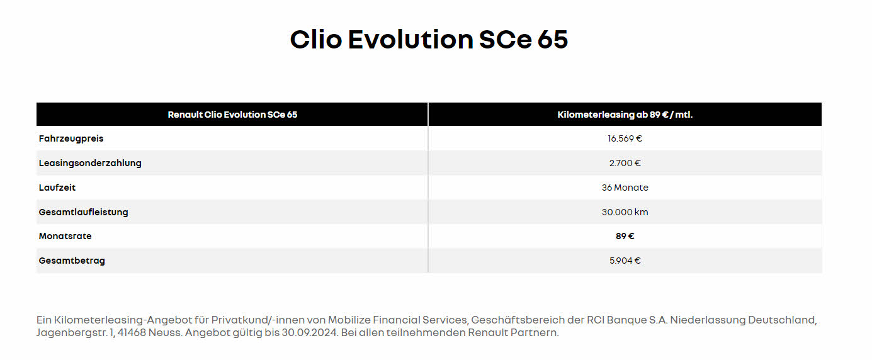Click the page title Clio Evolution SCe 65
(429, 40)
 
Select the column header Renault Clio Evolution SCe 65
(232, 115)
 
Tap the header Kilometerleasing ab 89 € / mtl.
(625, 115)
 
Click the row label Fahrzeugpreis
(71, 139)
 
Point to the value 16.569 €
(625, 138)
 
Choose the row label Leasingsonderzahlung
(90, 163)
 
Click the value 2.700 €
(625, 163)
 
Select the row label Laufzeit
(57, 188)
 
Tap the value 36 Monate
(625, 188)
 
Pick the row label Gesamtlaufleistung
(83, 212)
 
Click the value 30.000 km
(625, 212)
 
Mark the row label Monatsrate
(65, 236)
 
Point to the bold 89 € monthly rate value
(625, 236)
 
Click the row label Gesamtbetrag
(72, 261)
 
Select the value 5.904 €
(625, 261)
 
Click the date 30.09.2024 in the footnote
(310, 333)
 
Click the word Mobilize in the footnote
(349, 320)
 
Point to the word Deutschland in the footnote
(783, 320)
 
